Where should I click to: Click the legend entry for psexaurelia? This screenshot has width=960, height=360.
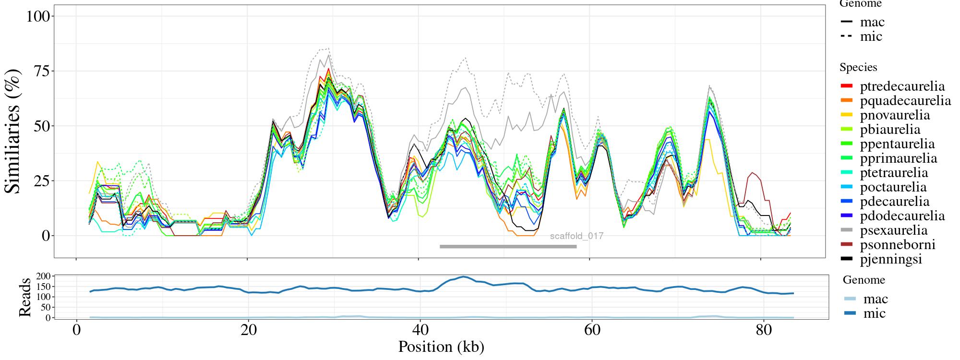893,230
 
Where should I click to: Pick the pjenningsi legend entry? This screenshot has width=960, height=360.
891,259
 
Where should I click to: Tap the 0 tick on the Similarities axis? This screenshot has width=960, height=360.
46,236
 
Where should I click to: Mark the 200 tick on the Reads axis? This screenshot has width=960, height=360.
43,276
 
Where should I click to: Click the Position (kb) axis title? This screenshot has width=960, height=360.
441,347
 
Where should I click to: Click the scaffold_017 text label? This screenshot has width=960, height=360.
576,236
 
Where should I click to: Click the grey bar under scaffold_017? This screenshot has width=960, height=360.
508,247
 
